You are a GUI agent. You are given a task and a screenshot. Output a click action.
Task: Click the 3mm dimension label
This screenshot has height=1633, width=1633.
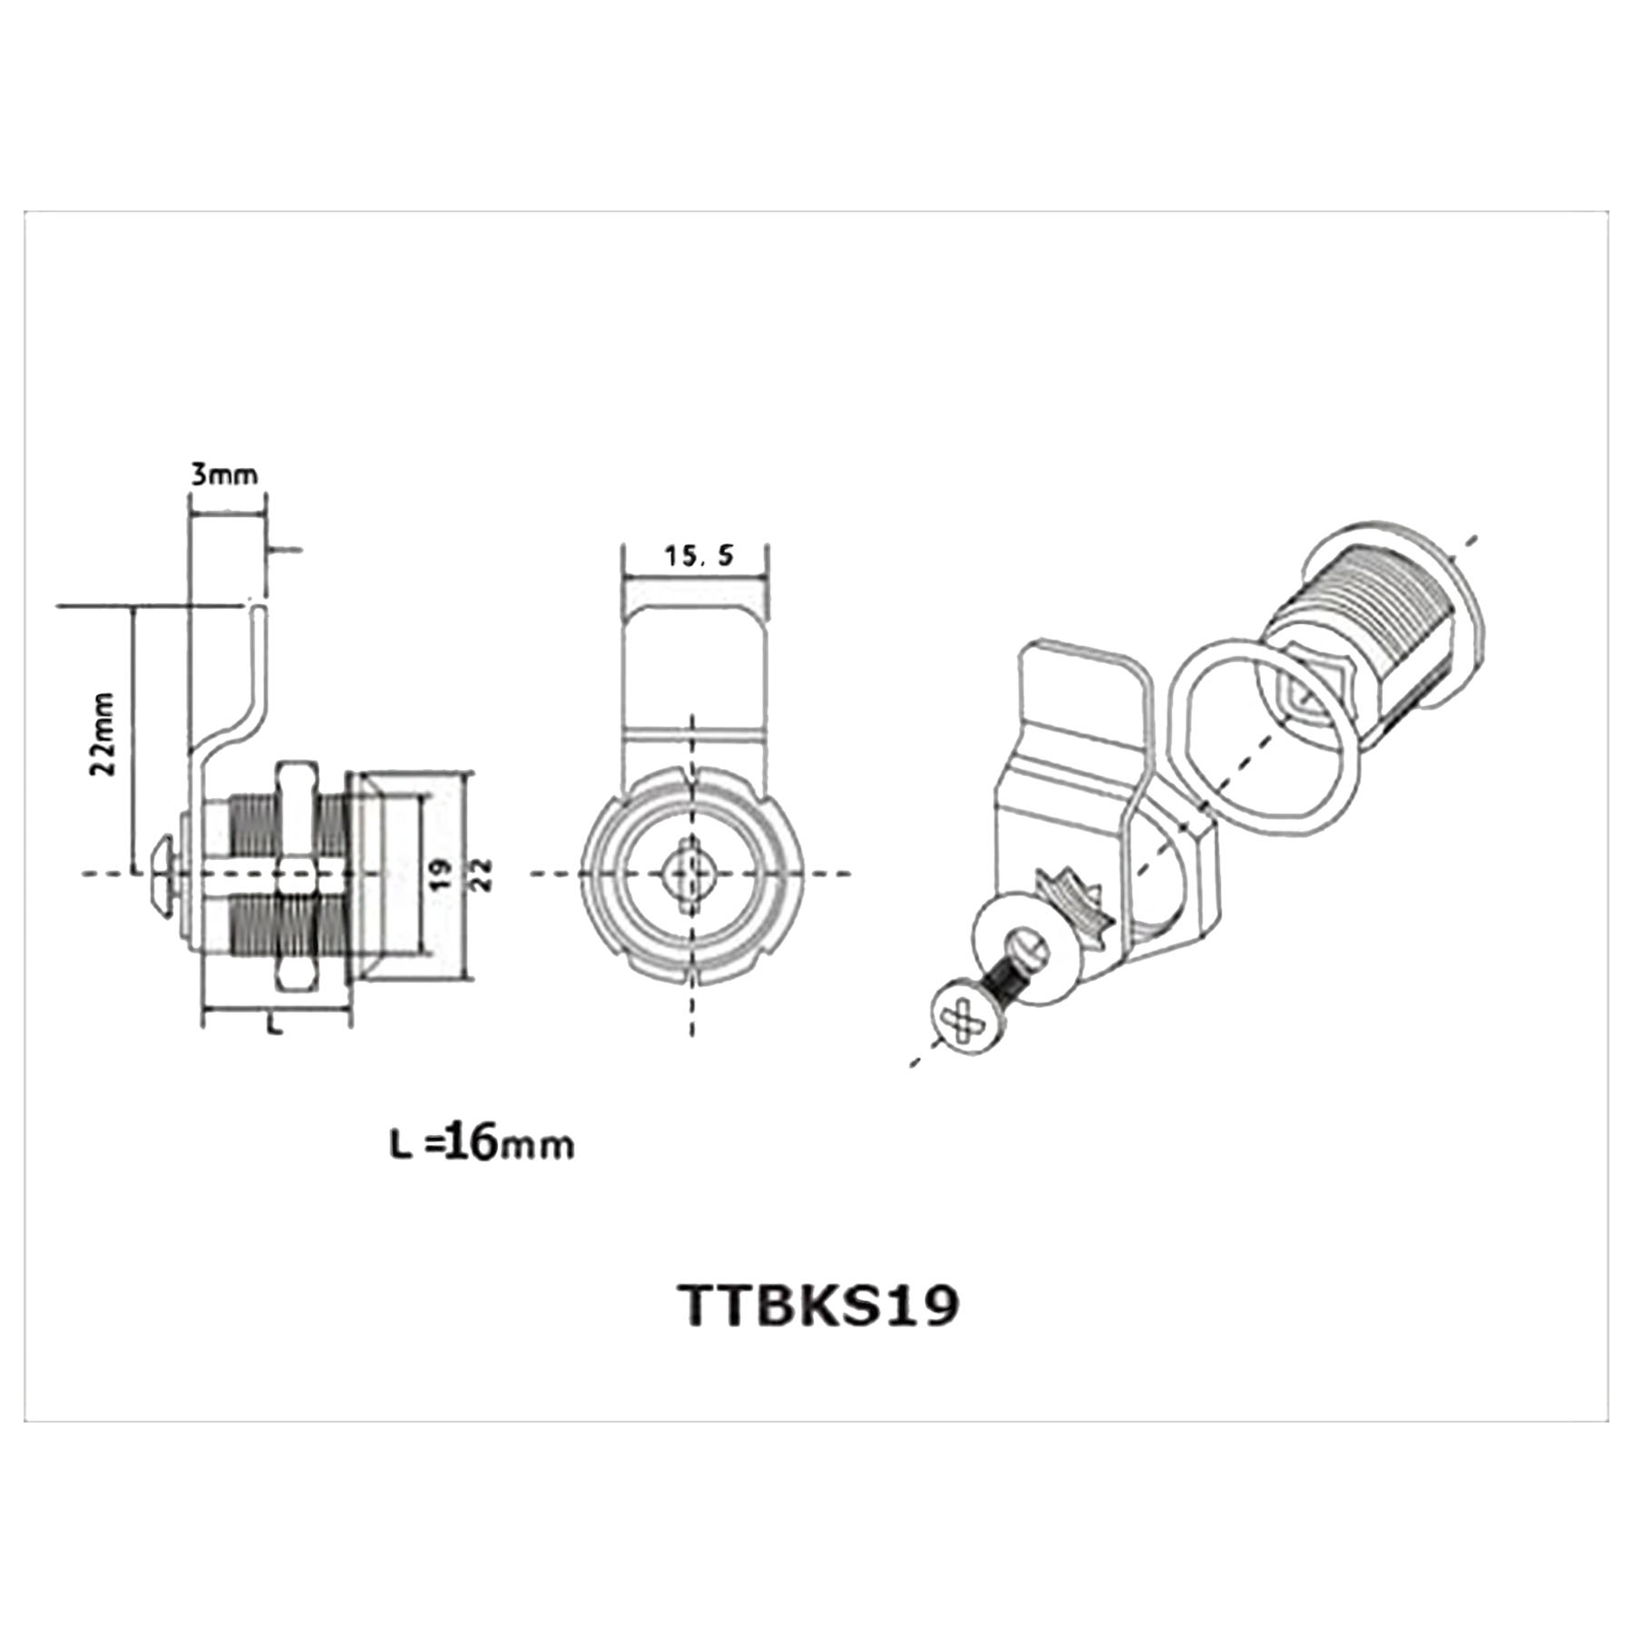pyautogui.click(x=224, y=474)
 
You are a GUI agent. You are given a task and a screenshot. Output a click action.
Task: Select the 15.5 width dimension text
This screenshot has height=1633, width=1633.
pyautogui.click(x=699, y=556)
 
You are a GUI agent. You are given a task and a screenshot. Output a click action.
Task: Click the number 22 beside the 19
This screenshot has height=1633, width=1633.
pyautogui.click(x=482, y=874)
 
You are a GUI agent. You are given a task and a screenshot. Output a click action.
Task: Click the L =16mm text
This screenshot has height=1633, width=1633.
pyautogui.click(x=482, y=1144)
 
